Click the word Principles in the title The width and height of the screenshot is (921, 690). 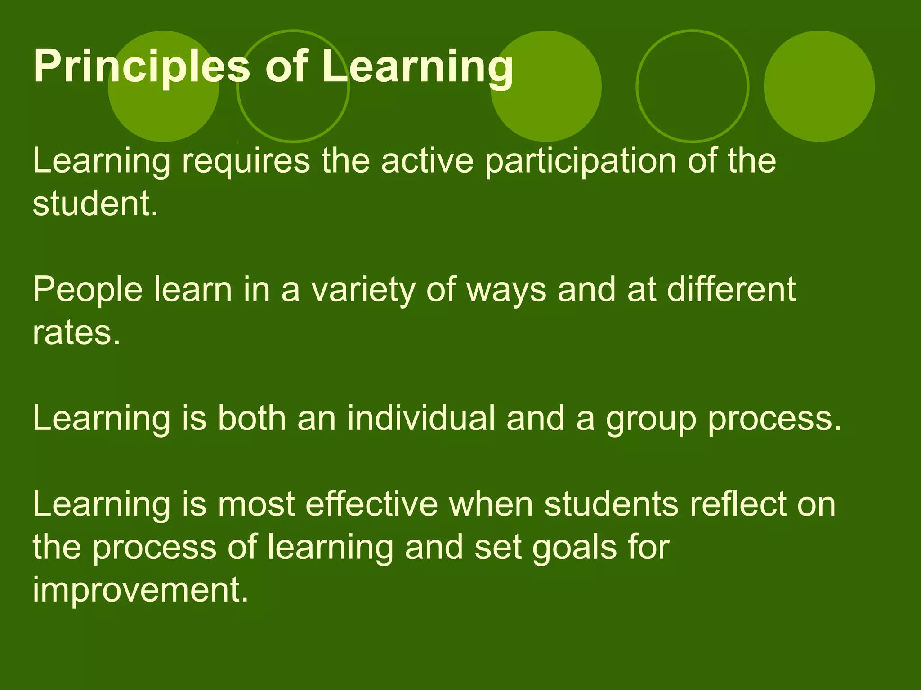click(141, 67)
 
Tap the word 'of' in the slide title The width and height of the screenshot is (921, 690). click(286, 67)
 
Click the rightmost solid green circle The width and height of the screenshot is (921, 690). click(819, 86)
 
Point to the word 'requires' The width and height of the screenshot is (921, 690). click(246, 162)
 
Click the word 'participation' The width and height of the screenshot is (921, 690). click(581, 162)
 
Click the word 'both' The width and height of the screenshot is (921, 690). click(252, 418)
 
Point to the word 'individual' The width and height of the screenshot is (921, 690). click(421, 418)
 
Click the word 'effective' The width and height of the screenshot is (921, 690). click(371, 504)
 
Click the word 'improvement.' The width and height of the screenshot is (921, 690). click(140, 590)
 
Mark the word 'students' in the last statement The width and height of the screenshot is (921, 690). click(611, 504)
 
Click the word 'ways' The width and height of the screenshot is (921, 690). click(506, 291)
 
